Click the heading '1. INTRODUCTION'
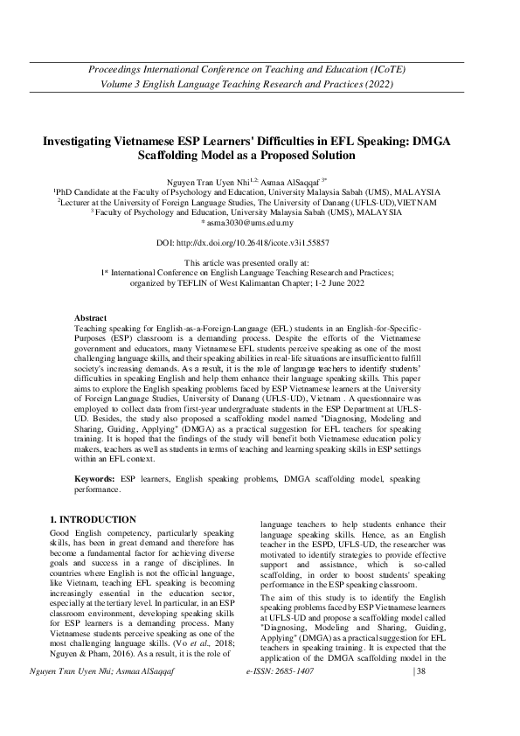coord(94,519)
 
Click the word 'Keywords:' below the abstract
coord(94,480)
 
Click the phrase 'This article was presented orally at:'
coord(260,262)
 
